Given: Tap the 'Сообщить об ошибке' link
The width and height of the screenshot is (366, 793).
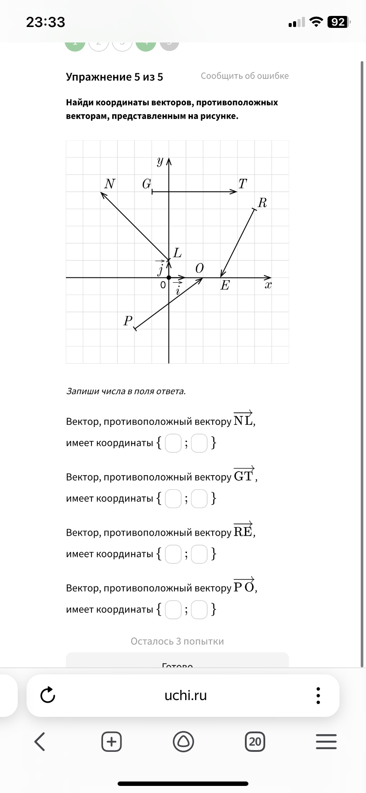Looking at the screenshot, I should coord(244,76).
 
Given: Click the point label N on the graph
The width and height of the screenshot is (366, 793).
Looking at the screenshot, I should coord(110,184).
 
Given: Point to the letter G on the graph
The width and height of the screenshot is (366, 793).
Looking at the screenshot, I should coord(147,184).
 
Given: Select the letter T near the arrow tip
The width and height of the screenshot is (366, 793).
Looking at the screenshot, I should coord(243,184).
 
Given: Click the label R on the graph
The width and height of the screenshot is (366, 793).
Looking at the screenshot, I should coord(262,203).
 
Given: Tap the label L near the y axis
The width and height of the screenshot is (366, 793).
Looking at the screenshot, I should coord(177,253).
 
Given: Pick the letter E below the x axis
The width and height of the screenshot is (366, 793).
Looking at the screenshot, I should coord(225,285).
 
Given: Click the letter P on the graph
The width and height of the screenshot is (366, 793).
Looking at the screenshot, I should coord(128,320).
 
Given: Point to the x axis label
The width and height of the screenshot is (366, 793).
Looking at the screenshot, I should coord(268,285).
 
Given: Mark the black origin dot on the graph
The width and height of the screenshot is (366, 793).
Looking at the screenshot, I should coord(169,277).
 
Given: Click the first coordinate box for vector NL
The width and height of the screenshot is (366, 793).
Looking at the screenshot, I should coord(173,443).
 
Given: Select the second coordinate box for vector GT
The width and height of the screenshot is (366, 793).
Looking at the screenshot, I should coord(199,499).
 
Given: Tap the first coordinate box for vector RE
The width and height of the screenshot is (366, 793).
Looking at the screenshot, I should coord(173,554).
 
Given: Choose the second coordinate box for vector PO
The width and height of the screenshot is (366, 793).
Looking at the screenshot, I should coord(199,609).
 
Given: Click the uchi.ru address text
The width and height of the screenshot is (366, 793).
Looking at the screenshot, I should coord(186,695).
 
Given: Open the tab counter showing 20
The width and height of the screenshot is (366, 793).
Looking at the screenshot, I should coord(255,741).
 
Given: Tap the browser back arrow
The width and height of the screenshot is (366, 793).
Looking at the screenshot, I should coord(40,741).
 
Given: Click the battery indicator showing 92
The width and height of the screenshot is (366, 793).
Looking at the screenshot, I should coord(338,22).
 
